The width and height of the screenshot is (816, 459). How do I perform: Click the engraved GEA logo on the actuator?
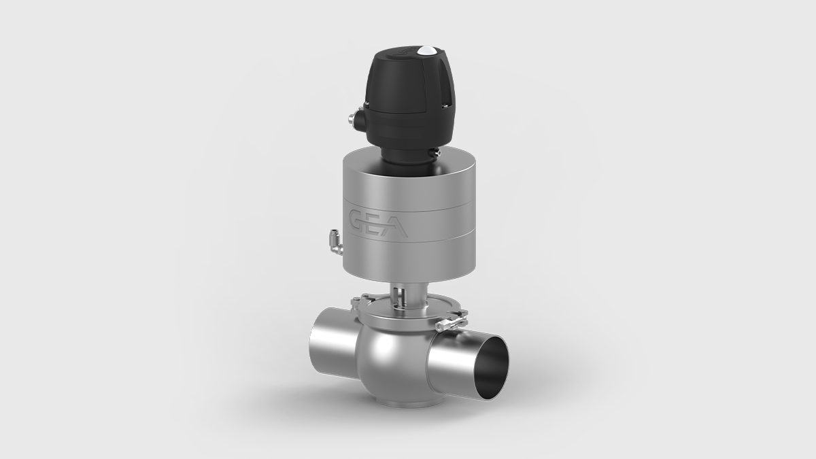coord(379,223)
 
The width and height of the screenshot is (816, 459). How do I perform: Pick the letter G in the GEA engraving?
coord(359,220)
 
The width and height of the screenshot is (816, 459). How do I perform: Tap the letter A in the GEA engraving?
coord(397,226)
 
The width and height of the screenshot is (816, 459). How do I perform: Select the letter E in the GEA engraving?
coord(378,223)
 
